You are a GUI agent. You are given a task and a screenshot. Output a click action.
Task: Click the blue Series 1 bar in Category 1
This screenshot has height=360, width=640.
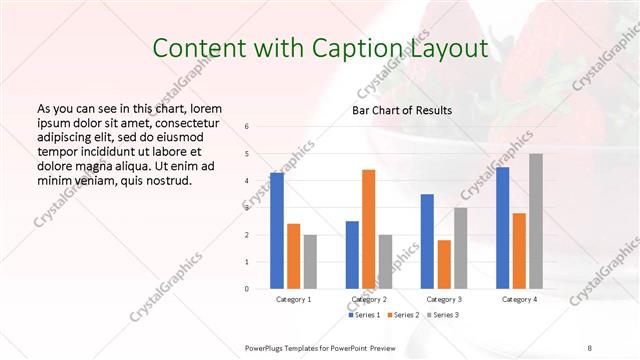click(x=276, y=230)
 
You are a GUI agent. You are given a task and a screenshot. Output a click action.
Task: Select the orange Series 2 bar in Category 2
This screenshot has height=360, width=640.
click(x=368, y=229)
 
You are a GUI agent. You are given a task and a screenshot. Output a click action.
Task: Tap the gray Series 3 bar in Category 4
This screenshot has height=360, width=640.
click(x=536, y=221)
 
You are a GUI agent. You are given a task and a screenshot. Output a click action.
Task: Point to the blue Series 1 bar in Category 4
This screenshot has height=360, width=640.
click(x=502, y=227)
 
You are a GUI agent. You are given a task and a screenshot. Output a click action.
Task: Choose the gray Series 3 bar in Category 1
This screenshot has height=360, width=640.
click(x=310, y=261)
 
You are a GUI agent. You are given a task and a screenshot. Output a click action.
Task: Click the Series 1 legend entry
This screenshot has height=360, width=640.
click(x=364, y=315)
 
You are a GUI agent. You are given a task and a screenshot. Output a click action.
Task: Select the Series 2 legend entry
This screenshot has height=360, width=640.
click(x=403, y=315)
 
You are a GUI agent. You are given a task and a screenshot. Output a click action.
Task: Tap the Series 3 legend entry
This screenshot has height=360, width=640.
click(x=443, y=315)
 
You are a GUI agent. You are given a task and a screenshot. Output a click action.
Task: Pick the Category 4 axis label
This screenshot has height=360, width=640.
click(x=518, y=299)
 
